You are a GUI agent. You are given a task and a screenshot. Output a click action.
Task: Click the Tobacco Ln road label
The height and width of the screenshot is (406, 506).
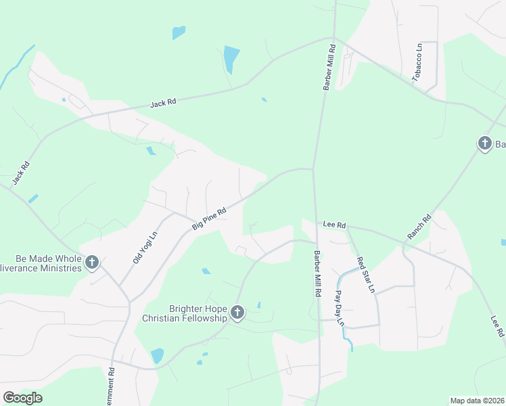click(x=419, y=63)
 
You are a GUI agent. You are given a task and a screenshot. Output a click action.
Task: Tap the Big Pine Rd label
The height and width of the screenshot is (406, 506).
click(x=208, y=219)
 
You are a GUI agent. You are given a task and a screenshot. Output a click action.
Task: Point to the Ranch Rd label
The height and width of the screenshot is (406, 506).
click(x=419, y=227)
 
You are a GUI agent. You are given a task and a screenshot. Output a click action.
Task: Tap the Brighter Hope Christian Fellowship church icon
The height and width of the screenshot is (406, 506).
click(x=237, y=312)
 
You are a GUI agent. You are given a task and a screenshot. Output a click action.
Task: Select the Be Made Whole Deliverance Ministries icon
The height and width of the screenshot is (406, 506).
click(x=92, y=262)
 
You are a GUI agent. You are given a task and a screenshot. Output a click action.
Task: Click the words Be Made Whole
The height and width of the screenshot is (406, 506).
click(x=40, y=258)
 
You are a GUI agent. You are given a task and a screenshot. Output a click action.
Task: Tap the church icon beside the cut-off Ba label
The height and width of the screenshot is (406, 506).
click(x=484, y=143)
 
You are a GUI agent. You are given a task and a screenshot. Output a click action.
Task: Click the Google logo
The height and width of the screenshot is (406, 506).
click(x=22, y=397)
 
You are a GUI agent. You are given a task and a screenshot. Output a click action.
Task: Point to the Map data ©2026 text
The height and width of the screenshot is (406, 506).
click(x=477, y=401)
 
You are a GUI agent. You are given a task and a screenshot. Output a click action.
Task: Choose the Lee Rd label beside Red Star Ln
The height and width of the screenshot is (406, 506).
click(x=334, y=225)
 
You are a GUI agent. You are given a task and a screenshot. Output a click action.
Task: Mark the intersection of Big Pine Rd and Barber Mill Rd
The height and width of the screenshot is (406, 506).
click(x=313, y=169)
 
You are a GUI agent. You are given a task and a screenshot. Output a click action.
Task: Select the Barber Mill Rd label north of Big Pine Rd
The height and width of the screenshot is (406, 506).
click(x=328, y=68)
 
